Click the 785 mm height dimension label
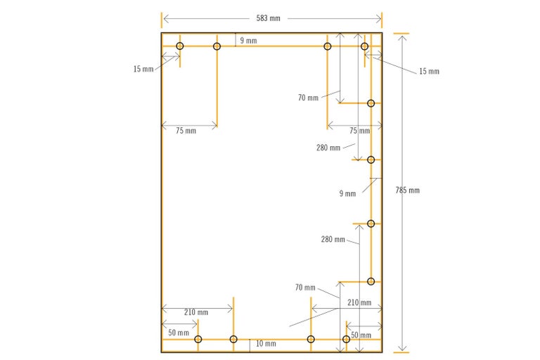(x=407, y=191)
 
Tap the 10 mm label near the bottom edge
(x=265, y=344)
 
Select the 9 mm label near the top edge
(x=248, y=41)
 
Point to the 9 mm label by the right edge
(x=347, y=193)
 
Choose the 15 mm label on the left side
(x=143, y=69)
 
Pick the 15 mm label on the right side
(x=429, y=72)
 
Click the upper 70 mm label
(x=307, y=98)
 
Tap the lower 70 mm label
(x=305, y=288)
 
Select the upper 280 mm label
(x=328, y=148)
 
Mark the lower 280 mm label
(x=333, y=240)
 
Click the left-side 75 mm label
(x=186, y=131)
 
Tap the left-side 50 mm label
(x=179, y=333)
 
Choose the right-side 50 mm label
(x=360, y=335)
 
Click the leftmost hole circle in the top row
(x=180, y=46)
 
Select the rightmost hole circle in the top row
(x=364, y=46)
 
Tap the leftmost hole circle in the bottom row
(x=198, y=340)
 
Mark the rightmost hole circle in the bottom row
(x=345, y=340)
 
